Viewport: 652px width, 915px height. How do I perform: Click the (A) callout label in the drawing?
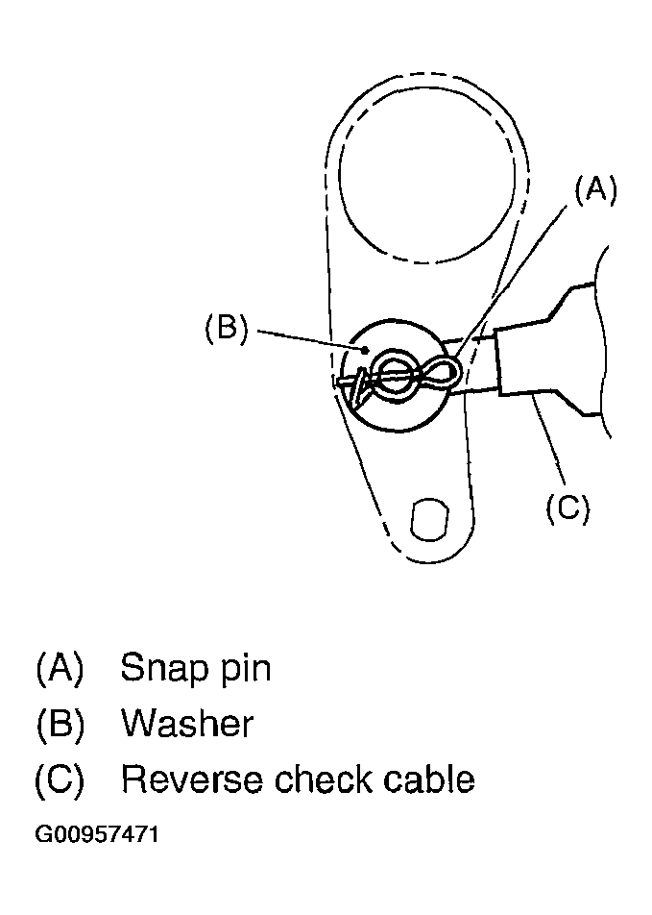pyautogui.click(x=595, y=189)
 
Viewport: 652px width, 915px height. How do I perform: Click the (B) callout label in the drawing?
pyautogui.click(x=227, y=329)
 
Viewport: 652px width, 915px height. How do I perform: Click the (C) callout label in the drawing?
pyautogui.click(x=567, y=507)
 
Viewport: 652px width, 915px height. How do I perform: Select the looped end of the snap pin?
pyautogui.click(x=445, y=370)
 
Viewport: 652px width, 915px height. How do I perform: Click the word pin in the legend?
pyautogui.click(x=241, y=669)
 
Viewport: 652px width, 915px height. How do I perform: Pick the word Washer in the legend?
pyautogui.click(x=187, y=723)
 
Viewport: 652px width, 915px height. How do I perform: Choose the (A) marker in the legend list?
pyautogui.click(x=60, y=668)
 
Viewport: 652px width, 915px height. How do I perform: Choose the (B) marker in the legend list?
pyautogui.click(x=60, y=724)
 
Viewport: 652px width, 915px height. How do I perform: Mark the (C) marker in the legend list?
pyautogui.click(x=60, y=779)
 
